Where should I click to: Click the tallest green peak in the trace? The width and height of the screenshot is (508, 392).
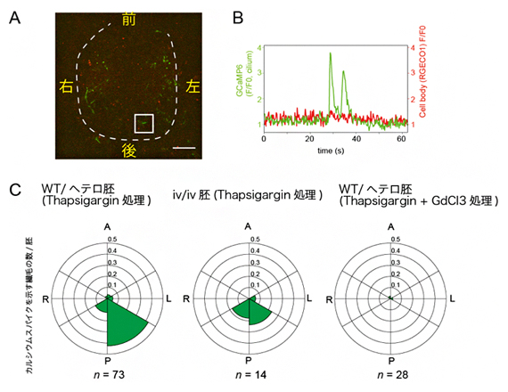331,54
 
